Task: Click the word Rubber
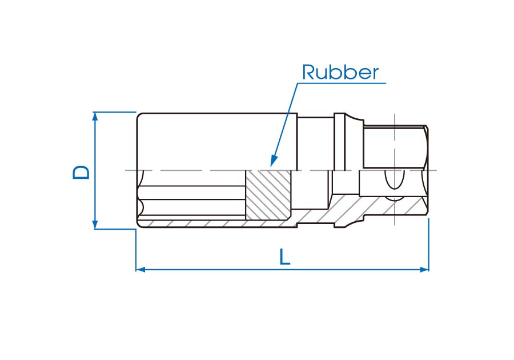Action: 340,73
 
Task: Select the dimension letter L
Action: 285,257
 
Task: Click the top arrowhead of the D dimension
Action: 95,115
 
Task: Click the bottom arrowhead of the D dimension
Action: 95,225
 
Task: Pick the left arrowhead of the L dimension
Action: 139,269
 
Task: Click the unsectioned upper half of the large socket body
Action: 217,141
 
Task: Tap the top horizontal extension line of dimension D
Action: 114,112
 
